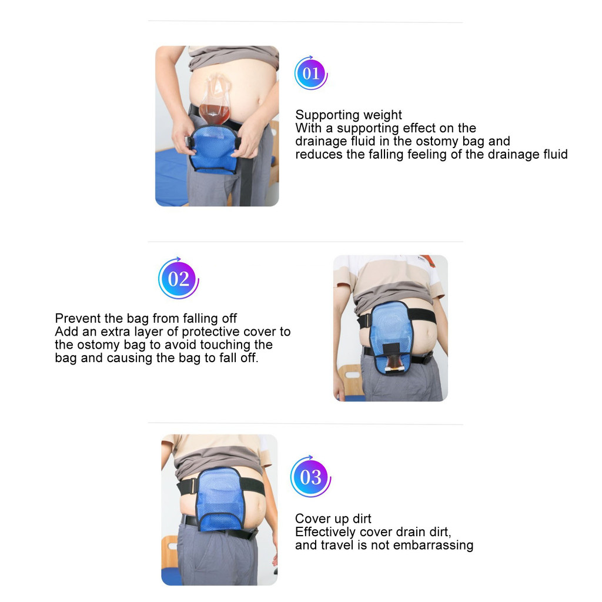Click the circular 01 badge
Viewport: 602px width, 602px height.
click(310, 73)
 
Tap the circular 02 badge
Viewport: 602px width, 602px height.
click(179, 278)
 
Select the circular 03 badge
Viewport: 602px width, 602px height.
click(310, 477)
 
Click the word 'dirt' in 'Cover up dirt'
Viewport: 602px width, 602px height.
click(362, 519)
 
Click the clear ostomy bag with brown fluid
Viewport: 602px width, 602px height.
click(215, 100)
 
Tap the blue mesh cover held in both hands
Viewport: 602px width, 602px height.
click(213, 150)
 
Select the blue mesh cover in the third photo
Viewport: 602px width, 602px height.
click(220, 499)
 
